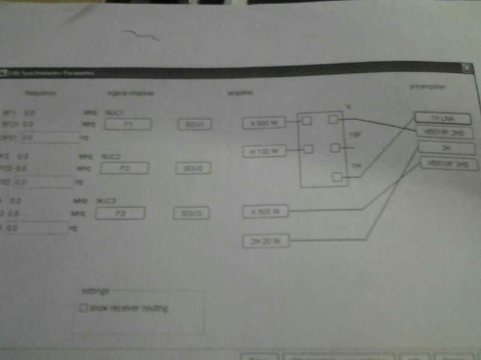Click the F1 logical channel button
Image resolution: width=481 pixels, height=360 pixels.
(x=127, y=124)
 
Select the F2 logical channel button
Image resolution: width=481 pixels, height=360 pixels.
(x=125, y=168)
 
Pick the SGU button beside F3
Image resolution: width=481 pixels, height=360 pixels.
(x=192, y=213)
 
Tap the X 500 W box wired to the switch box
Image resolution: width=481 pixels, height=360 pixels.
(x=265, y=123)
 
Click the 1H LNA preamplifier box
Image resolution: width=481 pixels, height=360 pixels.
(x=446, y=117)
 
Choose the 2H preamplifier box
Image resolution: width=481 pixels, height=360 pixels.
(x=446, y=147)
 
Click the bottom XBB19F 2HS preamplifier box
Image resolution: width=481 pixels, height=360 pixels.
(x=446, y=163)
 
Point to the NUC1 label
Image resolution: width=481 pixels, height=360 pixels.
(x=112, y=112)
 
